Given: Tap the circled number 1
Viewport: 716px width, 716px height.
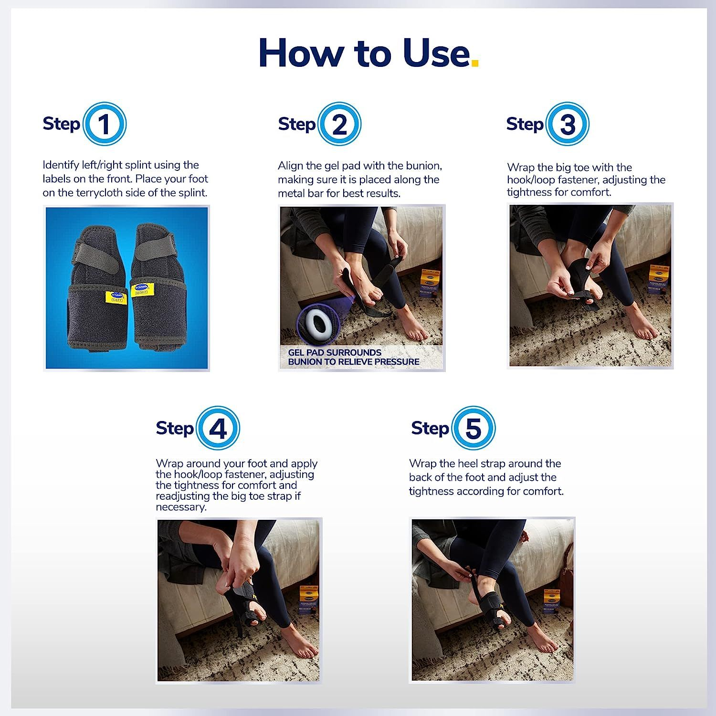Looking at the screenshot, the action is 104,124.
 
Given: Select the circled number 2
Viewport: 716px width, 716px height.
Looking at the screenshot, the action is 339,124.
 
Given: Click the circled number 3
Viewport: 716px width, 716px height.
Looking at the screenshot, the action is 567,124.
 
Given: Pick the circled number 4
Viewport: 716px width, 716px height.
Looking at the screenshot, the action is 218,428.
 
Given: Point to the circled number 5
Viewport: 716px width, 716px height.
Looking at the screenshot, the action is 473,428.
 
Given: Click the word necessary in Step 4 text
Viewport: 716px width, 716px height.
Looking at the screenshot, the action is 181,507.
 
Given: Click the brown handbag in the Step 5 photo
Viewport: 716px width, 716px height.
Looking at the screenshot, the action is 566,575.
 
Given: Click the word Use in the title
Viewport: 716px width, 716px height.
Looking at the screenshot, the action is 436,53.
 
